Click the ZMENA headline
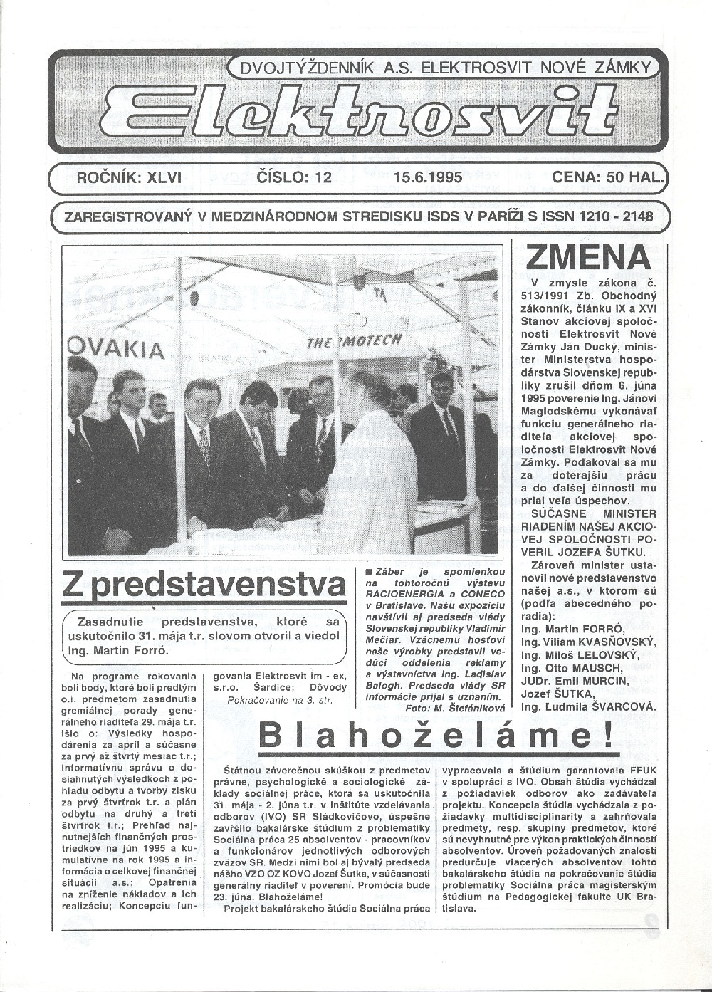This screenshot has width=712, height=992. tap(588, 258)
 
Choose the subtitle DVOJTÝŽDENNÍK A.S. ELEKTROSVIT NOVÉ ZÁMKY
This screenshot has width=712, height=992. tap(446, 68)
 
